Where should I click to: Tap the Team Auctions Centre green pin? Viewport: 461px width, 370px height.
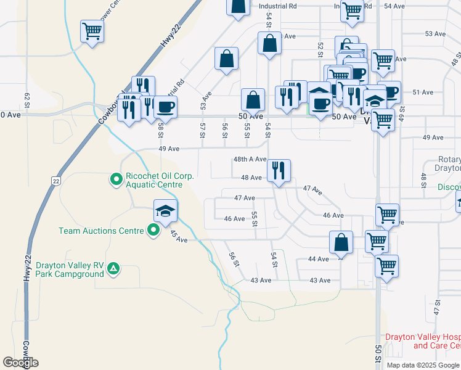click(154, 231)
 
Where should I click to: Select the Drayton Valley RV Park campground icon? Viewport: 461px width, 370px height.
click(113, 268)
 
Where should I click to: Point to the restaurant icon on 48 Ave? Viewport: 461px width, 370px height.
click(279, 170)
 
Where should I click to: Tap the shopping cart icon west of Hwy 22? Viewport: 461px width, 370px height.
click(91, 30)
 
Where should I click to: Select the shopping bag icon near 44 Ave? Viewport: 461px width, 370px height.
click(341, 242)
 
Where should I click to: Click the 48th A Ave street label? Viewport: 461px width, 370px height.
click(250, 159)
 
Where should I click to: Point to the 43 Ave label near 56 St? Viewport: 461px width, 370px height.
click(261, 280)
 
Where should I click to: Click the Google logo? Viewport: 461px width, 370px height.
click(20, 363)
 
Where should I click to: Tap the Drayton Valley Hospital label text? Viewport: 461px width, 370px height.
click(422, 341)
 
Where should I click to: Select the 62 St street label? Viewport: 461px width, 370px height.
click(27, 99)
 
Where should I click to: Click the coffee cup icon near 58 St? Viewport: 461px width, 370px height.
click(165, 107)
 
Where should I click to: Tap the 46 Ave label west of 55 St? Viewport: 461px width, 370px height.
click(235, 219)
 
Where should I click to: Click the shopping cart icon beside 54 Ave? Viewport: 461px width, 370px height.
click(352, 10)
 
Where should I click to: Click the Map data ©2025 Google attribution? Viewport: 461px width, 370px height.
click(423, 365)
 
